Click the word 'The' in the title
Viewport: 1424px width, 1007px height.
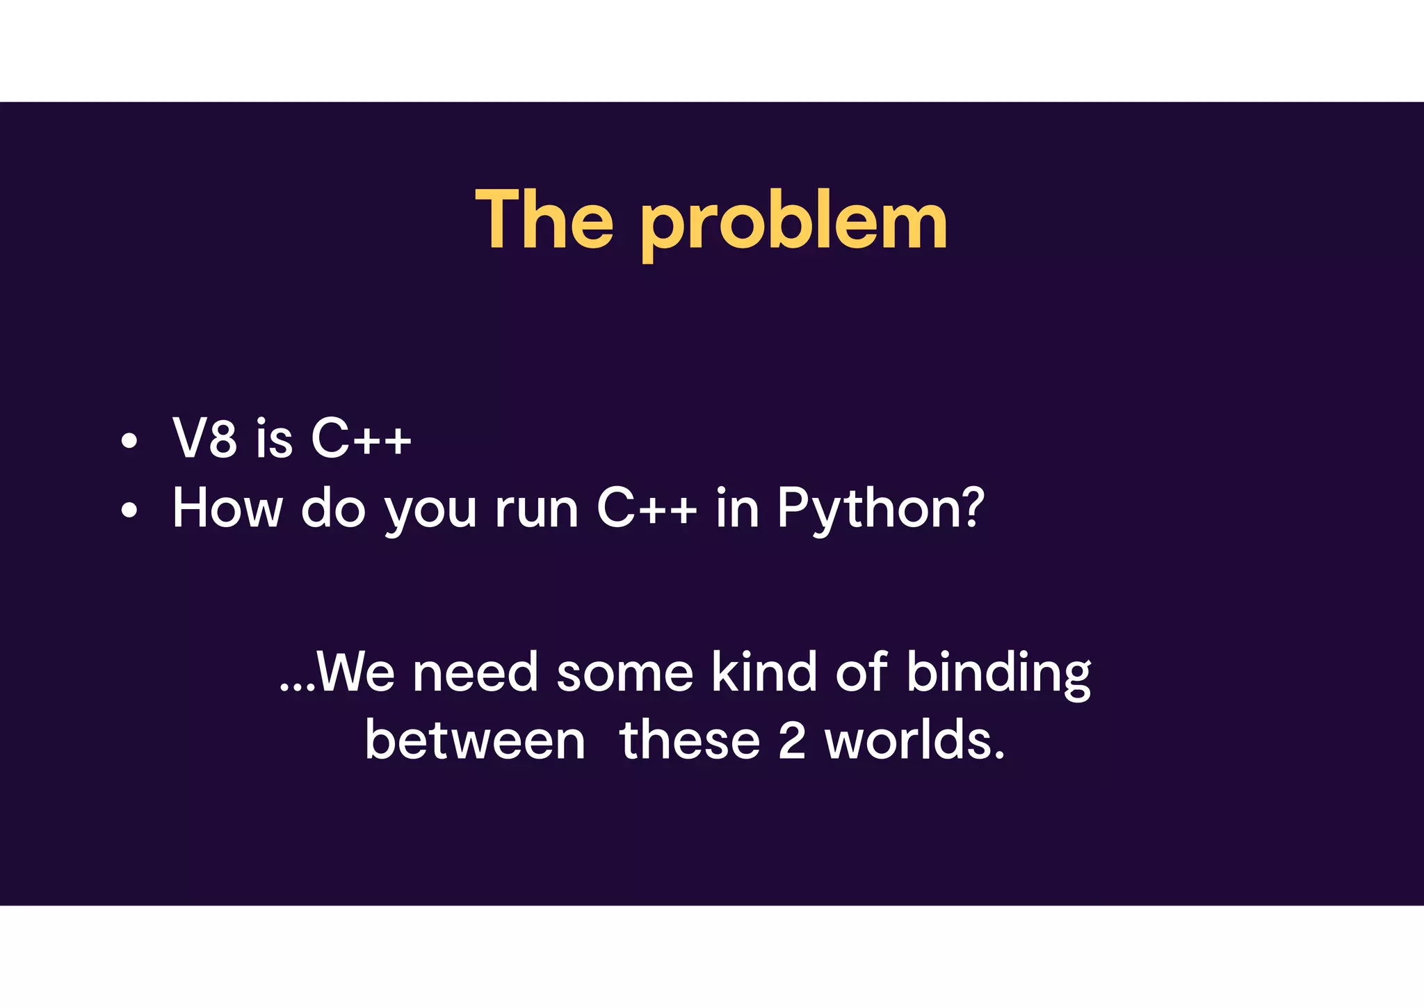coord(544,220)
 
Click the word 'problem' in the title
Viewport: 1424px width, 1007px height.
coord(793,224)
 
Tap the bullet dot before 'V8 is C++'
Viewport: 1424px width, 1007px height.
coord(129,441)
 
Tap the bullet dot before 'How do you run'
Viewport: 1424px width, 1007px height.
coord(129,510)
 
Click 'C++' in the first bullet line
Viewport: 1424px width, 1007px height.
coord(361,438)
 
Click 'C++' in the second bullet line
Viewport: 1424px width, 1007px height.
coord(647,508)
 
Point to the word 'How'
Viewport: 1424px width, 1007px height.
coord(227,508)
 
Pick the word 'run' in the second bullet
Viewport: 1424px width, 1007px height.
coord(537,511)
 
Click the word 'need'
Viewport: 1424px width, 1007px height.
coord(476,673)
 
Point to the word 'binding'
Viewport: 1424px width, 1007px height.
coord(998,675)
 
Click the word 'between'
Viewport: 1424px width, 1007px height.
coord(475,741)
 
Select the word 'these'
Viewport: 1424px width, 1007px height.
coord(690,741)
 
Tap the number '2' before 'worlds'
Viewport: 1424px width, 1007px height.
coord(792,741)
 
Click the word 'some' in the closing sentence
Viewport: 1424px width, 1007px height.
coord(624,673)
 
